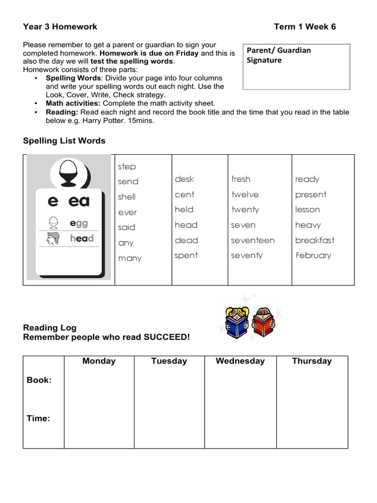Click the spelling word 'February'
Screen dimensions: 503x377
313,255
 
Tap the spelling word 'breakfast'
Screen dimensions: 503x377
315,240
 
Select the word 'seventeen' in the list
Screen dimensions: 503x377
253,240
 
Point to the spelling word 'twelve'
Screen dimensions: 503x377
245,195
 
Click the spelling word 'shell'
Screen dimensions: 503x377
127,197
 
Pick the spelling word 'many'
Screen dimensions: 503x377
130,258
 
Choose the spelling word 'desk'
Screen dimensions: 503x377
185,179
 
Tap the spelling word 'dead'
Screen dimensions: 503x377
186,240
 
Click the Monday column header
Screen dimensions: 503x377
99,361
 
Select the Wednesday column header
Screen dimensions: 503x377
240,361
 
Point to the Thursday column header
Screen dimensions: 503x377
312,361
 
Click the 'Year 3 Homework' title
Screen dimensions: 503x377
60,27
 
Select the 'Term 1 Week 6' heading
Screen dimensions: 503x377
305,27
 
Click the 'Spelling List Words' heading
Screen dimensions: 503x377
64,141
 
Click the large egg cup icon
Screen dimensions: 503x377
69,174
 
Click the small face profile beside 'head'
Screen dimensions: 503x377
53,239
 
